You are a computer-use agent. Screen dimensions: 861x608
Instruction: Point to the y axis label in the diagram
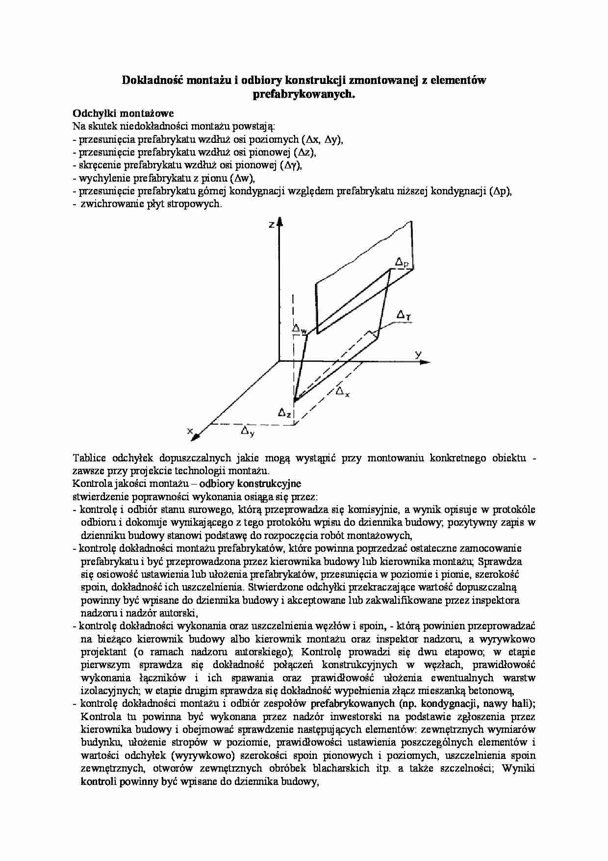click(x=418, y=353)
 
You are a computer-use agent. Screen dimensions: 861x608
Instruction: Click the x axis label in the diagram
click(x=190, y=430)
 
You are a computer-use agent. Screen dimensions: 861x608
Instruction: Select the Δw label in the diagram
click(x=299, y=328)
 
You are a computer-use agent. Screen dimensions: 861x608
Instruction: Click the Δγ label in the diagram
click(x=404, y=314)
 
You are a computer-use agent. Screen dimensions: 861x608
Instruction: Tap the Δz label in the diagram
click(x=284, y=413)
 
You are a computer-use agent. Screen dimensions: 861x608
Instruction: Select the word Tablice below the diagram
click(x=90, y=458)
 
